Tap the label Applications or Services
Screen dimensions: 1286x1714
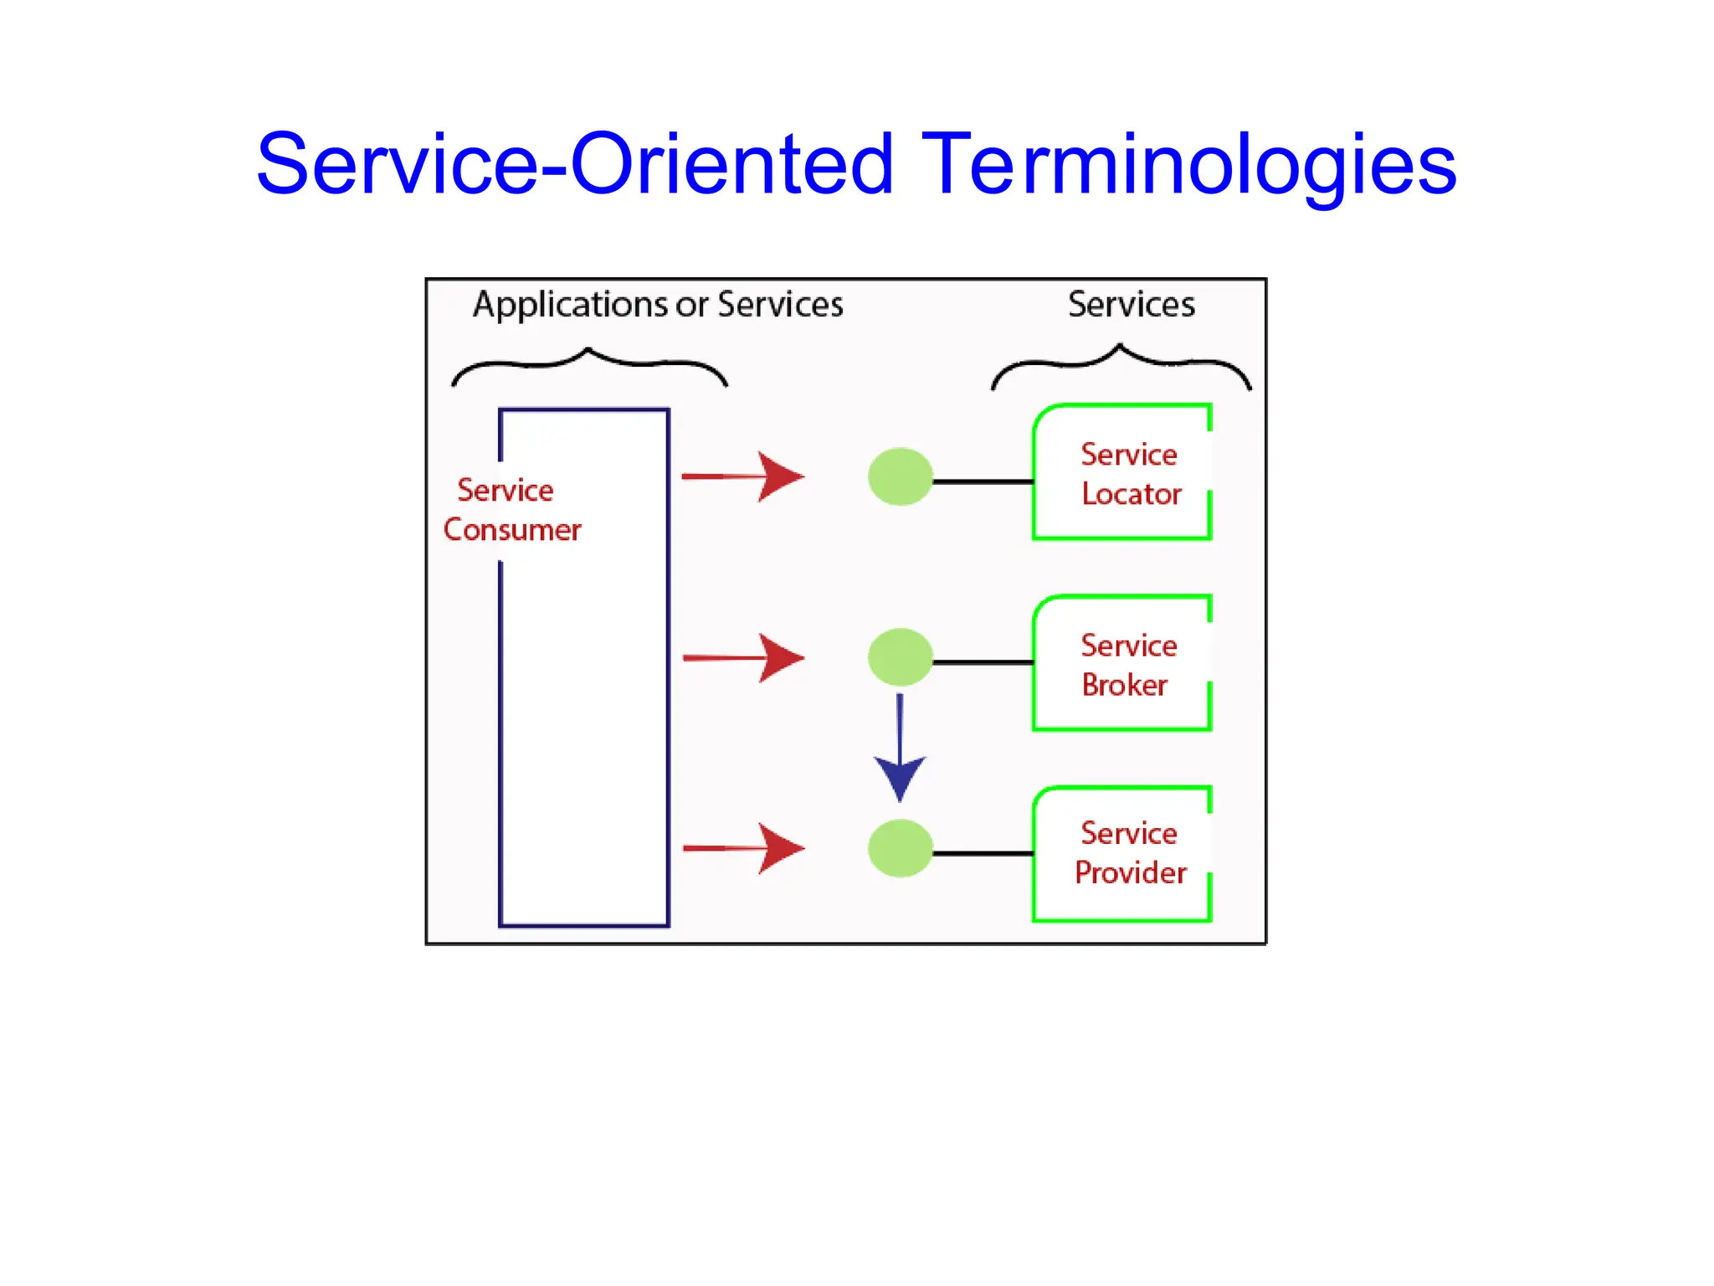tap(658, 305)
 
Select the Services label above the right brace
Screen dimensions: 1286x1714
tap(1132, 305)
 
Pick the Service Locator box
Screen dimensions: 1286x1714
tap(1122, 473)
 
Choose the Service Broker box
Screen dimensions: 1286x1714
tap(1122, 664)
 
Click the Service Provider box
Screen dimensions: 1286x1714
tap(1122, 853)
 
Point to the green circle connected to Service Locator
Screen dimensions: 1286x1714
tap(901, 476)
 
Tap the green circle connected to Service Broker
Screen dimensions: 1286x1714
tap(901, 657)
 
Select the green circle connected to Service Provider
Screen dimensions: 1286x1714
tap(901, 848)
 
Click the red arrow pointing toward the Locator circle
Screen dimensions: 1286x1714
tap(744, 476)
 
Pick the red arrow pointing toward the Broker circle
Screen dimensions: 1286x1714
tap(744, 658)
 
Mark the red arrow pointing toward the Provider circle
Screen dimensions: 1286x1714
tap(744, 848)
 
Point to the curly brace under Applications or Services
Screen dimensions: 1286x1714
tap(589, 365)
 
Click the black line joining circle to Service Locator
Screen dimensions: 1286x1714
tap(983, 481)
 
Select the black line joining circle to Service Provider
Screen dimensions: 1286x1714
tap(983, 853)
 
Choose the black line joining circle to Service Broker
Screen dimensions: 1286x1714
tap(983, 662)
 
